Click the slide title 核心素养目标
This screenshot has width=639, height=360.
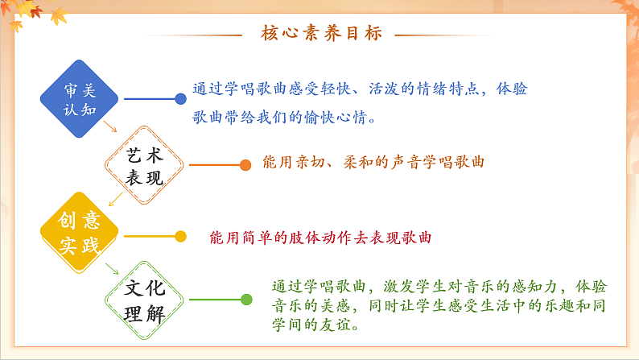[322, 34]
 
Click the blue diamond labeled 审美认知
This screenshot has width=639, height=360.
[80, 98]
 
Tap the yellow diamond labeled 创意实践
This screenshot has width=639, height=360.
[80, 234]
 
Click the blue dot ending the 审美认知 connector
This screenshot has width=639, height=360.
[180, 98]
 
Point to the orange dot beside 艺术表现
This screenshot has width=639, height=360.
[245, 165]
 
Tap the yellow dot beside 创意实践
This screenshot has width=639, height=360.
[180, 236]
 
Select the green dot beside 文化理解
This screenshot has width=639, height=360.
[246, 300]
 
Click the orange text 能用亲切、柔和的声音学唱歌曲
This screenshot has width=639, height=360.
[373, 162]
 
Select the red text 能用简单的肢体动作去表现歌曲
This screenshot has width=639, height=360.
[320, 238]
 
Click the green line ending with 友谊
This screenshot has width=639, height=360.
[315, 325]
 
